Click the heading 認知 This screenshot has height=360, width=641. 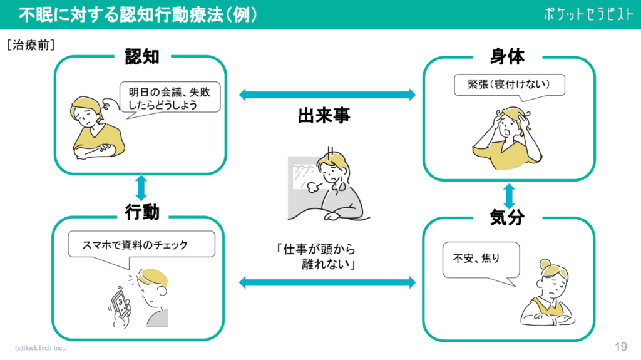tap(142, 58)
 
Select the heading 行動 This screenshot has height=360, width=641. tap(142, 213)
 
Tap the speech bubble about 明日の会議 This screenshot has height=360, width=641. tap(170, 98)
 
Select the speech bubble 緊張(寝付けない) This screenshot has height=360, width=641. tap(509, 86)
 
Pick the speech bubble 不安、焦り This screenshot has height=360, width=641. tap(481, 258)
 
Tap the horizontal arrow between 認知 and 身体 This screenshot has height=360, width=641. tap(327, 95)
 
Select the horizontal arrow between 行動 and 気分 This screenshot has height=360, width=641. tap(327, 283)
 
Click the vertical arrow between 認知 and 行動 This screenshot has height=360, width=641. tap(141, 188)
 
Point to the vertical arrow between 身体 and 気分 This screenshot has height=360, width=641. tap(509, 196)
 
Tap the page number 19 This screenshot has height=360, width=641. tap(621, 346)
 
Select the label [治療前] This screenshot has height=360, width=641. tap(31, 45)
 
